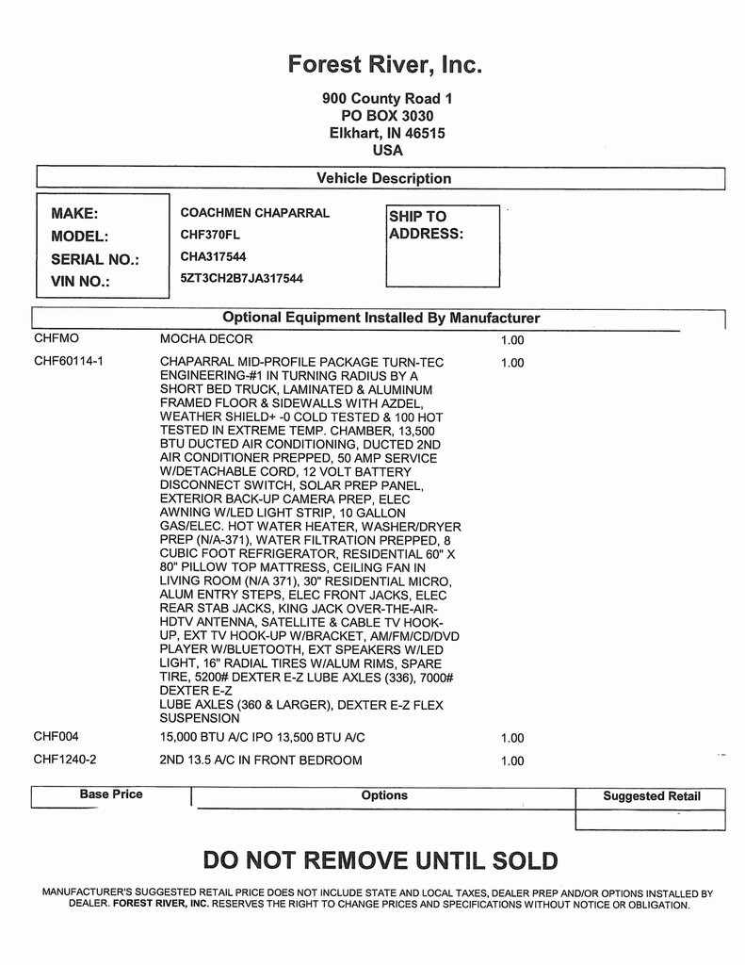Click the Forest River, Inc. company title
(385, 64)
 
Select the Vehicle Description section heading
(383, 178)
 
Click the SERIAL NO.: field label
(94, 259)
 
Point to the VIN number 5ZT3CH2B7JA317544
(241, 278)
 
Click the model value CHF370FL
(209, 235)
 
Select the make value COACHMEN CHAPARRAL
(254, 213)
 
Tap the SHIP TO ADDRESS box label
(426, 225)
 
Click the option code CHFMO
(57, 337)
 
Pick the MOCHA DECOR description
(206, 338)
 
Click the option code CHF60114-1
(68, 361)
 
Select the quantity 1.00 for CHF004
(512, 738)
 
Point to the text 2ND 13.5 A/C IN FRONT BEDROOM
(261, 760)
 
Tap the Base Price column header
(111, 794)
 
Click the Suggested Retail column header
(652, 796)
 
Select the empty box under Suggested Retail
(650, 820)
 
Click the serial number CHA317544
(214, 255)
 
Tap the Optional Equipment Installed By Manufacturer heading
(381, 318)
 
